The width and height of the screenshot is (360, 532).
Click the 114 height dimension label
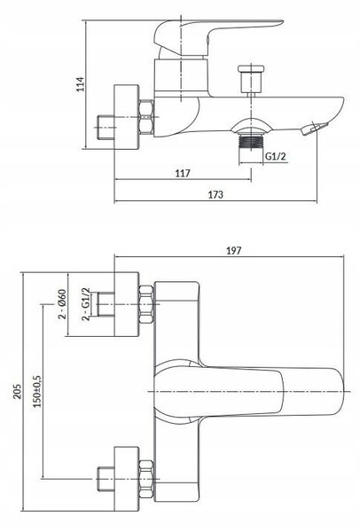pos(80,84)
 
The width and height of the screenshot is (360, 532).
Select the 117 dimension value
pos(183,174)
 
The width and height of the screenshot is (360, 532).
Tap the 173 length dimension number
pos(215,195)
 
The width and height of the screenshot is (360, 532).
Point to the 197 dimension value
pos(234,251)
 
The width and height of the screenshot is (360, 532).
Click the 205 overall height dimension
pos(17,391)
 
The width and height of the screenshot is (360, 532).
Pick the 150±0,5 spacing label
pos(37,391)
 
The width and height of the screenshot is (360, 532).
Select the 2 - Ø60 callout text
pos(62,304)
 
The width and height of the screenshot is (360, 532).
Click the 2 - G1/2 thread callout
pos(86,304)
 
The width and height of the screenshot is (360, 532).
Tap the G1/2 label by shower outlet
pos(276,156)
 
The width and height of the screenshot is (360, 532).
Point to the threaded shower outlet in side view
pos(251,141)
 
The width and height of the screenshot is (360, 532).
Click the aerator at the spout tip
pos(315,129)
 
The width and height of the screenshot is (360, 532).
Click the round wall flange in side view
pos(127,116)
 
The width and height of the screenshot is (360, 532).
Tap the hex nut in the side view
pos(146,117)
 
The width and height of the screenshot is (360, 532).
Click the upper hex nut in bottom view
pos(146,304)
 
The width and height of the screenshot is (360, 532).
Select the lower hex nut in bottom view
pos(146,479)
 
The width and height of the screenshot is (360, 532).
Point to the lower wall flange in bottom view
pos(127,479)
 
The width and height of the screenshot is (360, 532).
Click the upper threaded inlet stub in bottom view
pos(106,304)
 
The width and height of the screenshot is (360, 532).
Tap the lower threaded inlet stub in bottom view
pos(106,479)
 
